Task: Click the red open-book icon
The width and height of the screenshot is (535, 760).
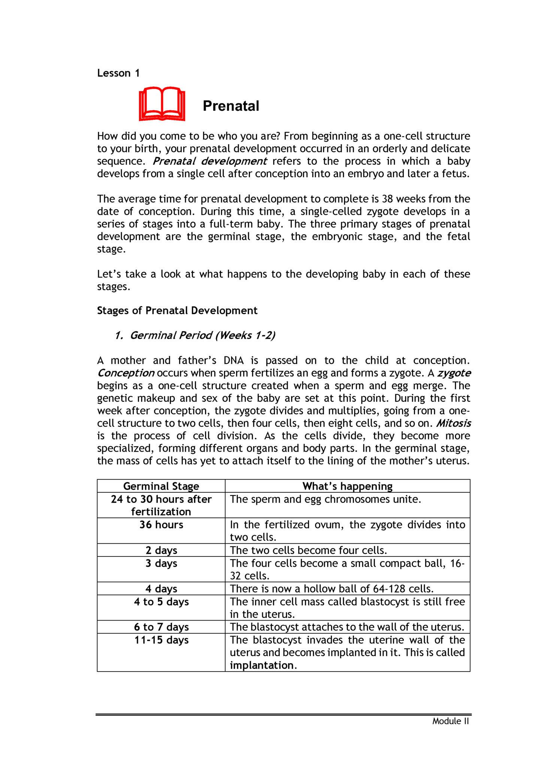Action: [x=162, y=104]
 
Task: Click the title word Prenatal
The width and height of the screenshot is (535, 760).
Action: [x=231, y=106]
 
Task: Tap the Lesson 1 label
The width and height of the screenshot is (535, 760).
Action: [x=118, y=73]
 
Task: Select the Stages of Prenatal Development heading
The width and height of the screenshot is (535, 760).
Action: [x=177, y=311]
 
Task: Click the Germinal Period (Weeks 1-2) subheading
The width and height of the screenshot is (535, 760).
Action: [x=195, y=335]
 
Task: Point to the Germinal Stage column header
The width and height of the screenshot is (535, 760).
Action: [x=161, y=486]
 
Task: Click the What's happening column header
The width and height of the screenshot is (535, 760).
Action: [x=347, y=486]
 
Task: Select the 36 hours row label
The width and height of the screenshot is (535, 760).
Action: [x=161, y=525]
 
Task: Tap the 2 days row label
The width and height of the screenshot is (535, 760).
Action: [x=161, y=550]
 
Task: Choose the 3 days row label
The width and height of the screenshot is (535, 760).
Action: [x=161, y=563]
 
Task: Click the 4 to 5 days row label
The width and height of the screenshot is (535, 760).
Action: [x=161, y=602]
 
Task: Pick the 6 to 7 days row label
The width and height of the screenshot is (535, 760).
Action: [x=161, y=627]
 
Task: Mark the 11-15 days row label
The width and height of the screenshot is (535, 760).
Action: [x=161, y=640]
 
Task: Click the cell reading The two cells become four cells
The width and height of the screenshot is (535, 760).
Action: [x=308, y=550]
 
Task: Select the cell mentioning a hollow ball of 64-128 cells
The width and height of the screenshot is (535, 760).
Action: [x=332, y=589]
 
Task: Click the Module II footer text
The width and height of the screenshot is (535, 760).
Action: [x=450, y=721]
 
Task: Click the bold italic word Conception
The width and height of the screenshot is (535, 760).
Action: [x=126, y=373]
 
